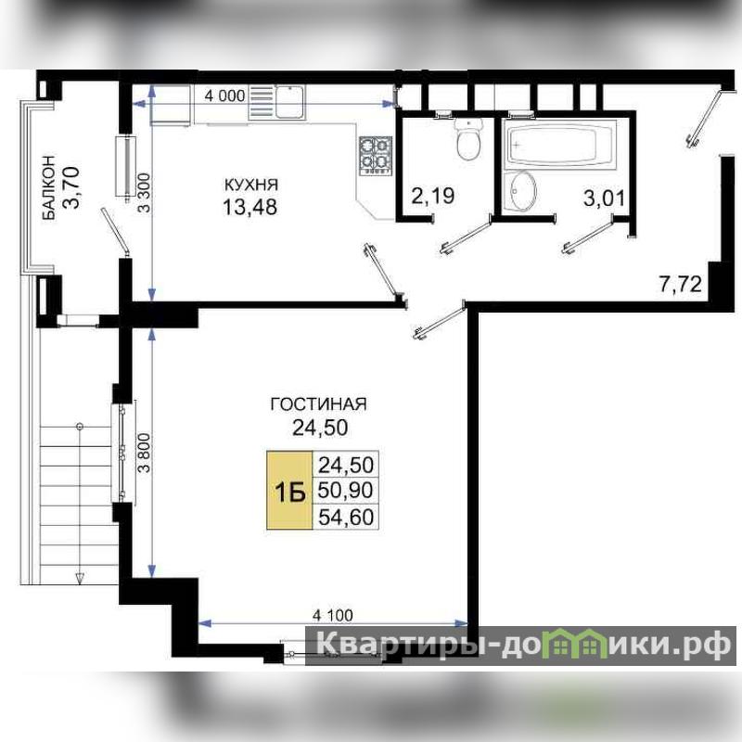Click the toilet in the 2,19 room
coord(468,138)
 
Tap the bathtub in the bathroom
coord(560,144)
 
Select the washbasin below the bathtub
coord(519,191)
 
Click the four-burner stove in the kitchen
coord(377,156)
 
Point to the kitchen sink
coord(289,102)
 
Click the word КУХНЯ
coord(250,185)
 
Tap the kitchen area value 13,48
coord(249,207)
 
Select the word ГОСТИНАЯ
coord(318,404)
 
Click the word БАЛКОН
coord(49,187)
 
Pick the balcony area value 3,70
coord(71,187)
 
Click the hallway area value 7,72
coord(681,285)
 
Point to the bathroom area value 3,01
coord(605,198)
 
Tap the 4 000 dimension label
coord(224,96)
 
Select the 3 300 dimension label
coord(146,193)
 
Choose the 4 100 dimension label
coord(333,615)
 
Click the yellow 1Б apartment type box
coord(289,491)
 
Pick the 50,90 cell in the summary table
coord(345,491)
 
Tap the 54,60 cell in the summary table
coord(345,517)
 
